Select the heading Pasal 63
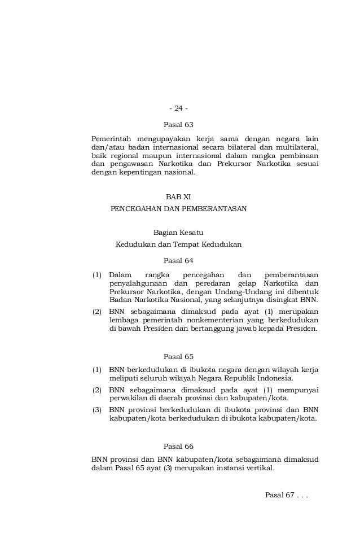click(178, 124)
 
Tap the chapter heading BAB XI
click(178, 197)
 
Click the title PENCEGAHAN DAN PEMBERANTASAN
click(179, 208)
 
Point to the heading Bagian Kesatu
click(178, 233)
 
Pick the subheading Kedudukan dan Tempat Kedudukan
click(178, 245)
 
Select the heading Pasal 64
click(178, 261)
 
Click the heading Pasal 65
click(178, 357)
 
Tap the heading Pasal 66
click(178, 446)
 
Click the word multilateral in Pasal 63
click(298, 147)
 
